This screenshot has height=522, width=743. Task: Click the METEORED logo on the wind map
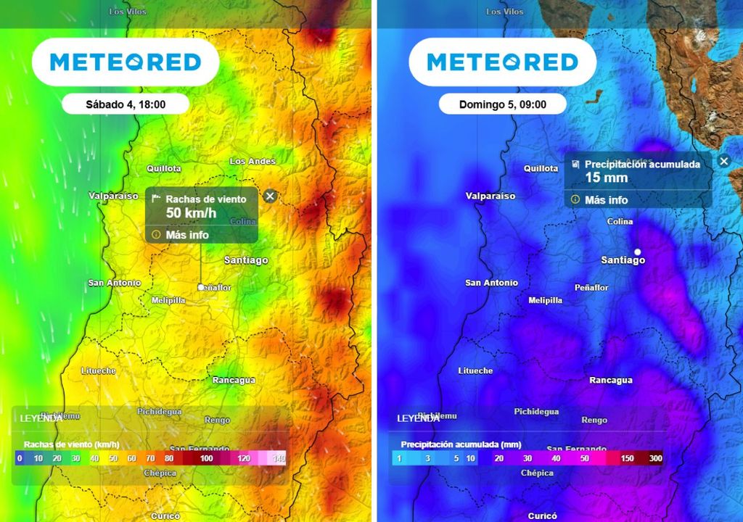click(x=125, y=62)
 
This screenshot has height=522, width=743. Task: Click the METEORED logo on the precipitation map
click(x=502, y=62)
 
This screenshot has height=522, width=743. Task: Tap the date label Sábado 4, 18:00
click(x=126, y=104)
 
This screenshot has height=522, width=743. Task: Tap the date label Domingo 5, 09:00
click(x=502, y=104)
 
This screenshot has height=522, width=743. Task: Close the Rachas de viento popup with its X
click(x=270, y=196)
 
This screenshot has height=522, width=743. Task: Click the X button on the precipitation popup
click(x=723, y=161)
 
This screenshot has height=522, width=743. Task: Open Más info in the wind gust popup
click(x=186, y=235)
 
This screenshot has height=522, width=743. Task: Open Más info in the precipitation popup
click(x=606, y=200)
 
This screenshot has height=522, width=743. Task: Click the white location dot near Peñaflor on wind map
click(x=201, y=287)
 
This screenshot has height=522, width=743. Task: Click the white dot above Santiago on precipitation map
click(x=638, y=252)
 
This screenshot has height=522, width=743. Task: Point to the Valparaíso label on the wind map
click(x=113, y=196)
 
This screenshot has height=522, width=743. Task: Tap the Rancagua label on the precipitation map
click(x=610, y=380)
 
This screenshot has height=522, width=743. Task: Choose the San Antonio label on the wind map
click(x=115, y=283)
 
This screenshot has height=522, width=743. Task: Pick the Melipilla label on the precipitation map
click(x=545, y=300)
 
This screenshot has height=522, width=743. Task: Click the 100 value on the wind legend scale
click(x=207, y=458)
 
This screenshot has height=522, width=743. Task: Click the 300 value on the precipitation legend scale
click(x=655, y=458)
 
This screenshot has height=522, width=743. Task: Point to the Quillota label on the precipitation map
click(x=541, y=168)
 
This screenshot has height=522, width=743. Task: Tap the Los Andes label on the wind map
click(x=253, y=161)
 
